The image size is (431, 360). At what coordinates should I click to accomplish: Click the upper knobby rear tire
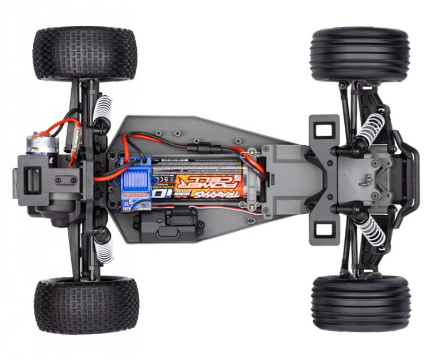[x=85, y=53]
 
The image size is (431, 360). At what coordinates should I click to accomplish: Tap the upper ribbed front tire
[x=360, y=55]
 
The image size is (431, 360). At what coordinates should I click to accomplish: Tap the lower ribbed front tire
[x=360, y=303]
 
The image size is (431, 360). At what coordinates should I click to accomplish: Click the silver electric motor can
[x=39, y=147]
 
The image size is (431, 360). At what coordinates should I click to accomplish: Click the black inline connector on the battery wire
[x=198, y=146]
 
